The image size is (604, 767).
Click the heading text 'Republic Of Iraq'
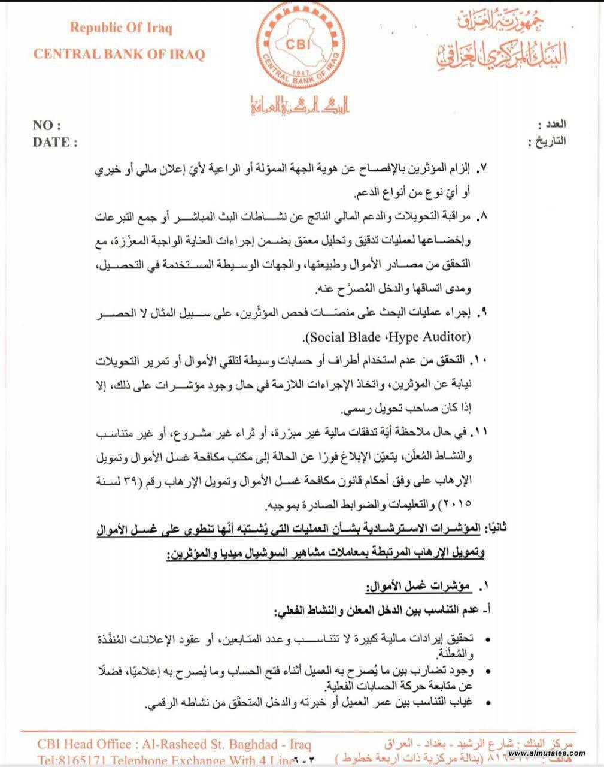pyautogui.click(x=121, y=28)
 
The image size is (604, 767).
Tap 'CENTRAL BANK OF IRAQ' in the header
pyautogui.click(x=119, y=54)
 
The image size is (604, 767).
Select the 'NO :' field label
pyautogui.click(x=47, y=126)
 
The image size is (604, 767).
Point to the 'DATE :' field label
pyautogui.click(x=55, y=143)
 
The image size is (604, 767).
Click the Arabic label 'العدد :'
pyautogui.click(x=551, y=125)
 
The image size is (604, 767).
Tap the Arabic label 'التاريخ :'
pyautogui.click(x=547, y=142)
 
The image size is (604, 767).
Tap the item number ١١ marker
pyautogui.click(x=479, y=431)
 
